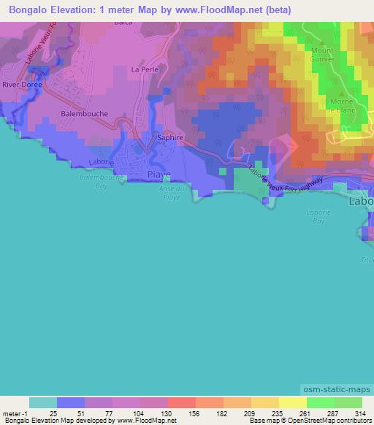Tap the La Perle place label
click(x=144, y=69)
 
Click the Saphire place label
click(x=170, y=137)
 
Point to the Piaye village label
click(x=159, y=175)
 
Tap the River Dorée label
click(x=23, y=85)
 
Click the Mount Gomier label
click(x=322, y=55)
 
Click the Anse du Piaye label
click(x=171, y=193)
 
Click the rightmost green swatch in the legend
click(x=348, y=402)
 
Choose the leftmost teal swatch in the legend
click(x=42, y=402)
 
